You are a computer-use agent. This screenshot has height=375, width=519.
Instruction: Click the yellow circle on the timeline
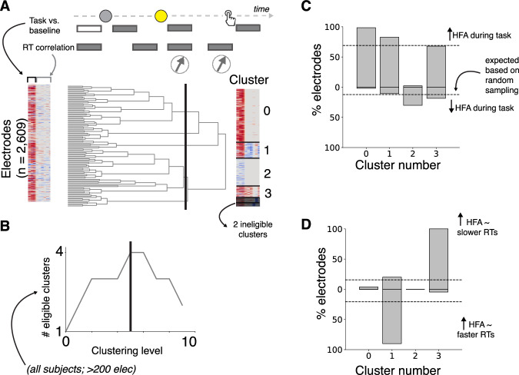pyautogui.click(x=161, y=15)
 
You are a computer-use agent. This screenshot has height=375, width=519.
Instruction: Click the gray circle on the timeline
pyautogui.click(x=105, y=15)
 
